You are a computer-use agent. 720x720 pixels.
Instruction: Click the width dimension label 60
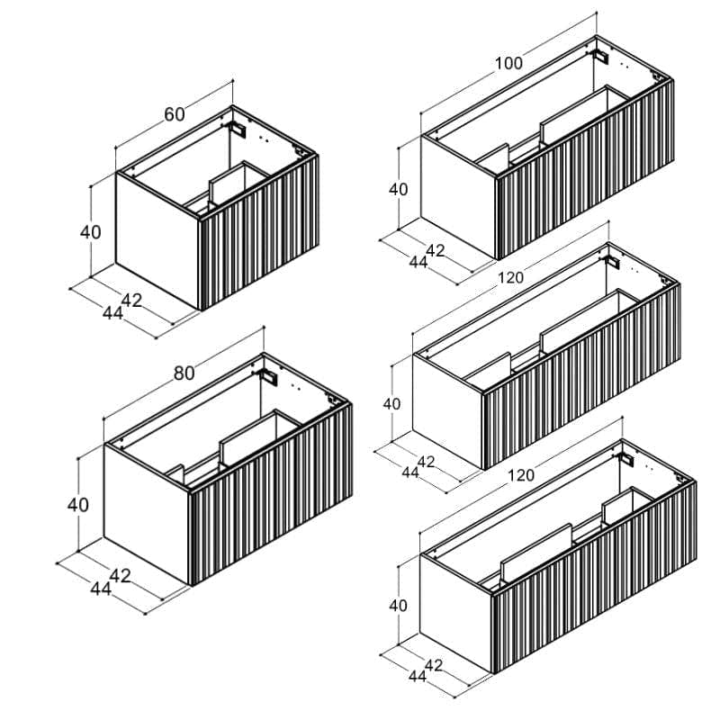[x=175, y=114]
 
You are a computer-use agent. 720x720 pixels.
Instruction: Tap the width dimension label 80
[x=184, y=373]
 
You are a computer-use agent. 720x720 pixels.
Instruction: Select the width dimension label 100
[x=508, y=63]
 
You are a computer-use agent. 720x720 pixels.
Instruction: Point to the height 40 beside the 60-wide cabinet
[x=91, y=232]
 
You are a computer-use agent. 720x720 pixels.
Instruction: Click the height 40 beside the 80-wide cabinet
[x=77, y=505]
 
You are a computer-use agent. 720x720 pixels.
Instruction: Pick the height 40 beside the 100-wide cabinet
[x=398, y=189]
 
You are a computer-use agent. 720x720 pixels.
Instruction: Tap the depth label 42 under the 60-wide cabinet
[x=131, y=301]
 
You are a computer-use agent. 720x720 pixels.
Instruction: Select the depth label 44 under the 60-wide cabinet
[x=112, y=313]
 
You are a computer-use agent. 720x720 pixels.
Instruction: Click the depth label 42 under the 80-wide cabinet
[x=121, y=576]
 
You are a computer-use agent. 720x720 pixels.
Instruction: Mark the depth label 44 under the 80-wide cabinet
[x=101, y=589]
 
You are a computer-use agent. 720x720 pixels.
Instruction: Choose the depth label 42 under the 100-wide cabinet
[x=436, y=251]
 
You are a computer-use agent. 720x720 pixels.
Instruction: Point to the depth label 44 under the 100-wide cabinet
[x=418, y=262]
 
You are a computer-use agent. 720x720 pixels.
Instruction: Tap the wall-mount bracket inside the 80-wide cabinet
[x=269, y=376]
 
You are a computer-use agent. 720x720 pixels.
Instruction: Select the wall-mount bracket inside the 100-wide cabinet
[x=601, y=57]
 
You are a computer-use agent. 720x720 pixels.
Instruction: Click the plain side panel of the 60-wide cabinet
[x=157, y=238]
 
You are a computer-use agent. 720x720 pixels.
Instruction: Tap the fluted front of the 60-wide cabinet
[x=259, y=233]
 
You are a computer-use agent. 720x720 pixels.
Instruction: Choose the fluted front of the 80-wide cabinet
[x=271, y=494]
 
